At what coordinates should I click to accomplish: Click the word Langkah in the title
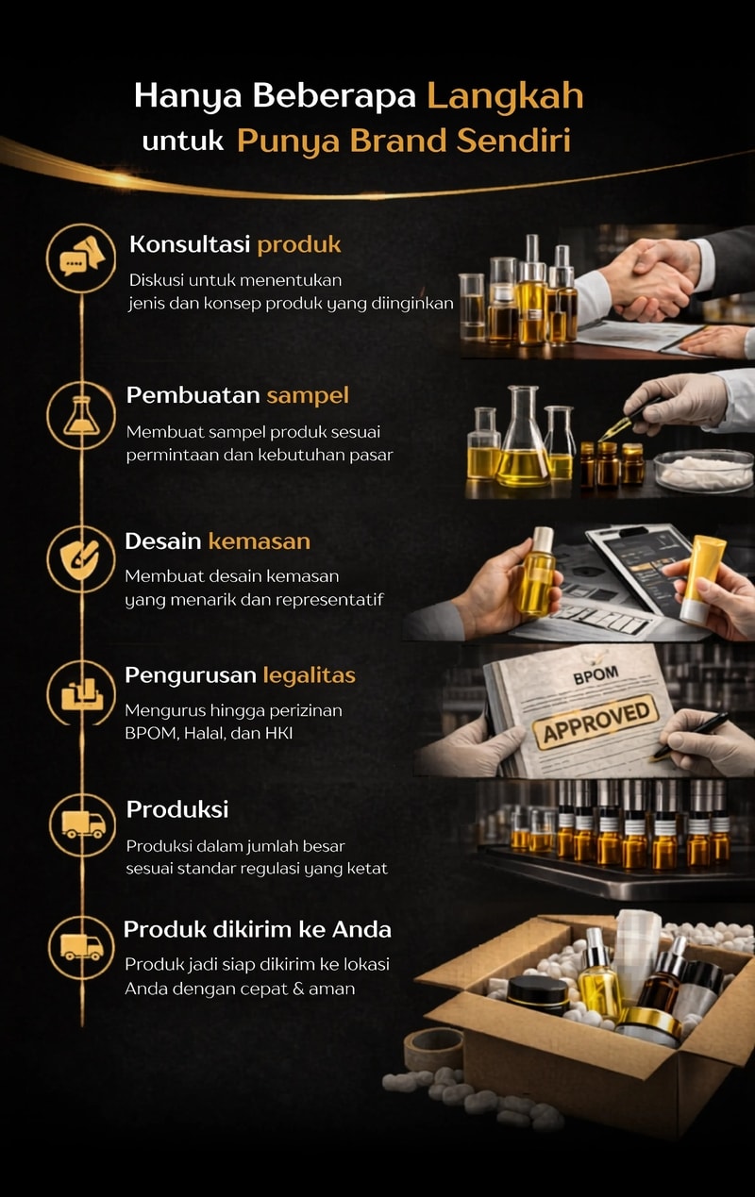point(505,97)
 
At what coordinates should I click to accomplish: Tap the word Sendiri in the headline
point(513,141)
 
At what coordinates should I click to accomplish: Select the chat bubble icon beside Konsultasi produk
point(82,258)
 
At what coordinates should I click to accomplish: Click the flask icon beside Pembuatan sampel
point(81,415)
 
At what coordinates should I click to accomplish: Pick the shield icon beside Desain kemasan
point(80,559)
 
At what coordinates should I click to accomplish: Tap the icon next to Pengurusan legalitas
point(82,693)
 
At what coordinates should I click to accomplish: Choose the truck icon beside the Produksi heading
point(83,824)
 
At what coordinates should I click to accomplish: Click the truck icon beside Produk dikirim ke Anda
point(82,947)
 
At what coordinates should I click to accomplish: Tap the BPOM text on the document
point(596,675)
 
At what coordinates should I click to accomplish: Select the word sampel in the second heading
point(308,396)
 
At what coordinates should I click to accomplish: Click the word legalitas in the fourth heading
point(309,675)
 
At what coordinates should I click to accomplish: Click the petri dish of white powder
point(704,471)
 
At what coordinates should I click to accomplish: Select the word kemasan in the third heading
point(260,541)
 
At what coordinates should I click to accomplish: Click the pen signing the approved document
point(690,735)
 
